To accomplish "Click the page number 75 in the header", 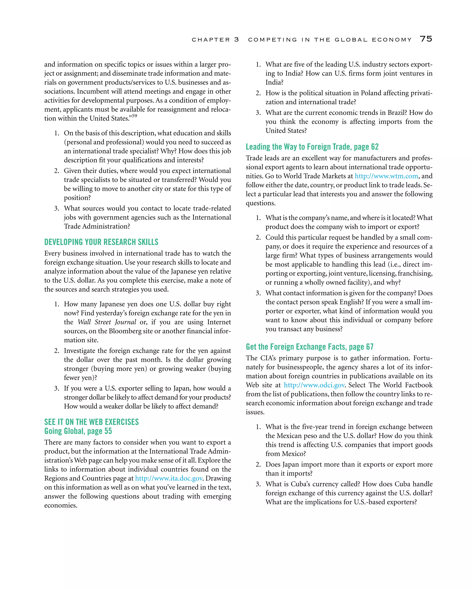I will coord(426,39).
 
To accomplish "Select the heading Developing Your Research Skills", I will coord(101,242).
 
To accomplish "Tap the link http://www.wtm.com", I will coord(386,176).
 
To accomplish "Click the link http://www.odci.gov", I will coord(314,385).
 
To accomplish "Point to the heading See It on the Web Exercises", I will coord(91,422).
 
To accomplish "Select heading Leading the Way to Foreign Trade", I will coord(312,147).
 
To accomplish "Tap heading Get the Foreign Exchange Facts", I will coord(310,347).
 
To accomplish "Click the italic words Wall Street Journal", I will coord(107,322).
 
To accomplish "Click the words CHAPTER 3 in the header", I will coord(215,40).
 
